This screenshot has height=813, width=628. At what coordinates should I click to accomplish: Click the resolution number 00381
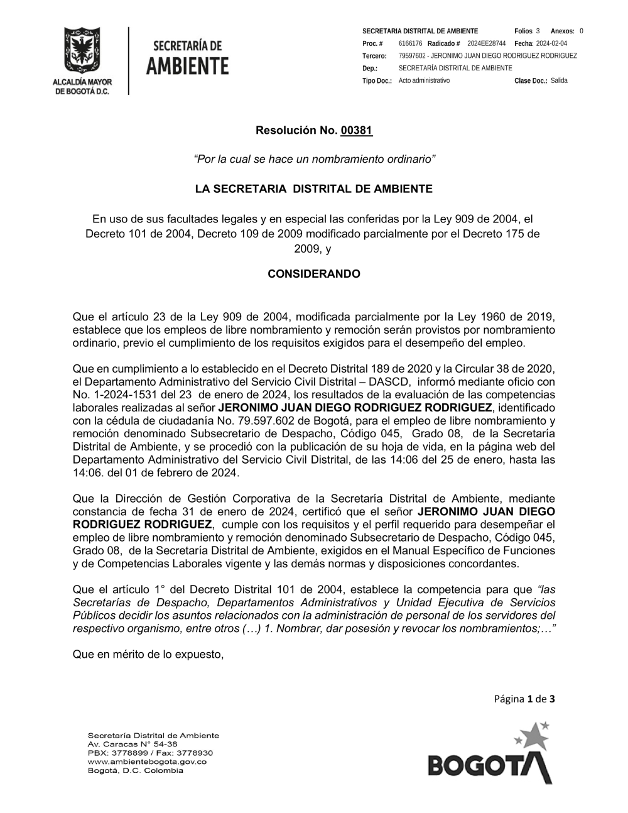tap(357, 131)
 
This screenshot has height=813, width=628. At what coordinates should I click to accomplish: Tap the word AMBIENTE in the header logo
tap(187, 65)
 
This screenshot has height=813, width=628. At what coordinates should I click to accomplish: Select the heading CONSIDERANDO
tap(314, 274)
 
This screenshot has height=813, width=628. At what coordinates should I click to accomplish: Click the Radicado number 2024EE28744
tap(486, 43)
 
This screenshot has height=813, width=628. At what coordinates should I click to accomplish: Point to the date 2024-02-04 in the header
tap(551, 43)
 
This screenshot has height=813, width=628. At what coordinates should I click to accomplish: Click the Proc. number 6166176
tap(410, 43)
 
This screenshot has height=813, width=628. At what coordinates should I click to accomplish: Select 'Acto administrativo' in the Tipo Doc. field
tap(424, 80)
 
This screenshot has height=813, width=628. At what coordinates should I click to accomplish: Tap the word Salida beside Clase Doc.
tap(559, 80)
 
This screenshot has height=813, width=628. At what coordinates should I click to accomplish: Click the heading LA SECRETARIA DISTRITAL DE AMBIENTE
tap(314, 188)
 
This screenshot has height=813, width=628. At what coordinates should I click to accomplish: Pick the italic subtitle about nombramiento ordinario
tap(314, 160)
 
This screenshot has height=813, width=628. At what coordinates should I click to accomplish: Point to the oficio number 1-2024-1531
tap(118, 394)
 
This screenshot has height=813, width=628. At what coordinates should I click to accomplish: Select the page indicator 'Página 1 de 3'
tap(524, 698)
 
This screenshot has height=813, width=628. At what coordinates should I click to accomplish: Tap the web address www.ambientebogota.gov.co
tap(147, 761)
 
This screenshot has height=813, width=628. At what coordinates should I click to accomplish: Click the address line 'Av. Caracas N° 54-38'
tap(133, 744)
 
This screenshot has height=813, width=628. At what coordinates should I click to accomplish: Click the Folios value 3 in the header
tap(538, 31)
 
